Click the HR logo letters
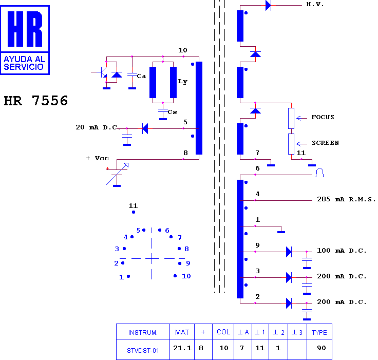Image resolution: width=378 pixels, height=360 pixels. tap(25, 29)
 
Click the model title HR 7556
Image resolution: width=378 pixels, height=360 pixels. tap(35, 101)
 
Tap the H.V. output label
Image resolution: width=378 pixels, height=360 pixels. tap(315, 4)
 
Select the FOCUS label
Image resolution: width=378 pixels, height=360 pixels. tap(323, 117)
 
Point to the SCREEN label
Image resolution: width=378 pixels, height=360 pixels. tap(325, 143)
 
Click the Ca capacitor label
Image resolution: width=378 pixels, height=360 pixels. tap(141, 76)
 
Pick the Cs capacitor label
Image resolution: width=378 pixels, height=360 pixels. tap(172, 112)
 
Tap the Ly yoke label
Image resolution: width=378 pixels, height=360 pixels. tap(182, 82)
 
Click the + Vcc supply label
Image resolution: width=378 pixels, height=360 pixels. tap(97, 158)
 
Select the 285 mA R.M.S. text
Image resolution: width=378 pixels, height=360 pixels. tap(346, 199)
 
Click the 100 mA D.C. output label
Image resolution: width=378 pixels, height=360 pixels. tap(342, 251)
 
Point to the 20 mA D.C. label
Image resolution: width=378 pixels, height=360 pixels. tap(97, 127)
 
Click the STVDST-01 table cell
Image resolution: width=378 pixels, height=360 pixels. tap(143, 351)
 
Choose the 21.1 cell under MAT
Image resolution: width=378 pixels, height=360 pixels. tap(182, 348)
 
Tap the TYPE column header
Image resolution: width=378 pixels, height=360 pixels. tap(319, 332)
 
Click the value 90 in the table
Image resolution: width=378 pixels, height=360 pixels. tap(322, 348)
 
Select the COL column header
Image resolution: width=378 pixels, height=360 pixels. tap(223, 332)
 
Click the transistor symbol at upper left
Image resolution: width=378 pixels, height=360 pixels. tap(102, 72)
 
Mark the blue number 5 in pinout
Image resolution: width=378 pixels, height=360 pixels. tap(138, 230)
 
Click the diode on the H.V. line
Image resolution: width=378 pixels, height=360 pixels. tap(268, 5)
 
